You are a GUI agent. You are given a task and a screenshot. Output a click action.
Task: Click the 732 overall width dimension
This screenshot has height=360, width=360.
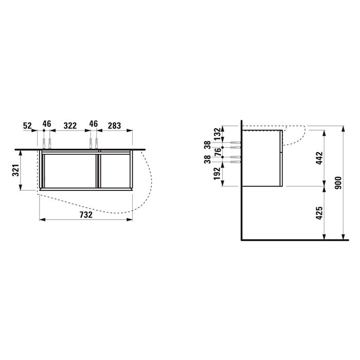(86, 215)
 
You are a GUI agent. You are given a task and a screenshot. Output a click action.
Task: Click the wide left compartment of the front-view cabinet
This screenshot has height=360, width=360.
(70, 170)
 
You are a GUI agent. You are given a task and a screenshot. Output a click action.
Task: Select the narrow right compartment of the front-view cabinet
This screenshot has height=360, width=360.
(115, 170)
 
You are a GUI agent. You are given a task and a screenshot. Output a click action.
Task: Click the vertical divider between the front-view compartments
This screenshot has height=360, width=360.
(97, 170)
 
